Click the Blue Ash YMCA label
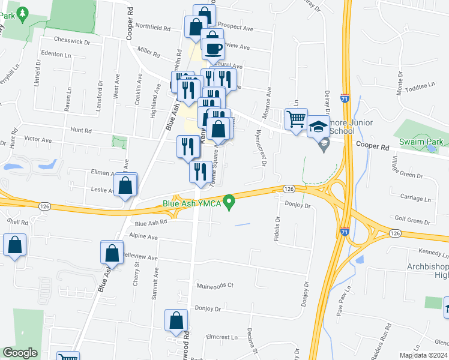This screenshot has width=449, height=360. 192,203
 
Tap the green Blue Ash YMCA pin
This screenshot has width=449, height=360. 228,203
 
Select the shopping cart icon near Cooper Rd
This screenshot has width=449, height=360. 297,120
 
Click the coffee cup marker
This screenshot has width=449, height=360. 213,47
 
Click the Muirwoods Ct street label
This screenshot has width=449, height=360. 215,286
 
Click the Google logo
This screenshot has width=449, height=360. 20,353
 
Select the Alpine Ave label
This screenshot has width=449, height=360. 143,237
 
